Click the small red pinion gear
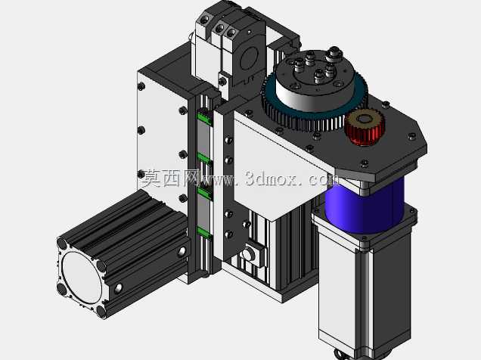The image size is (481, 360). coord(365,127)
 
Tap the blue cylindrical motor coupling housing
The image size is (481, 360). coord(365,206)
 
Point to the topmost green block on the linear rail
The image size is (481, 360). coord(205,117)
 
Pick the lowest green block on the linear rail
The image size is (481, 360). coord(204,233)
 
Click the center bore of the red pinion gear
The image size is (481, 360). coord(364,119)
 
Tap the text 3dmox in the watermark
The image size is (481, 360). coord(272,178)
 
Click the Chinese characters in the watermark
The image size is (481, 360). coord(169,178)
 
